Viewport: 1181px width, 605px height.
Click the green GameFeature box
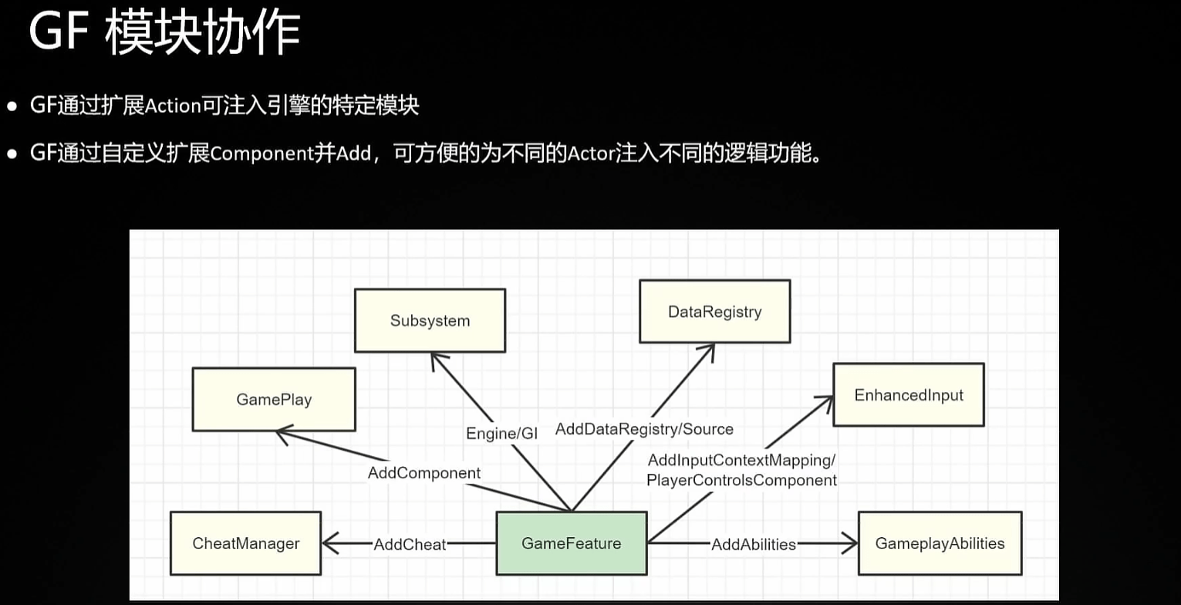point(571,543)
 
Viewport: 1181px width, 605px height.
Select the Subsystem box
point(430,320)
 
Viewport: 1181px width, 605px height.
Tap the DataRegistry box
point(714,312)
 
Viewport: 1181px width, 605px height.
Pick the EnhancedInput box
point(909,395)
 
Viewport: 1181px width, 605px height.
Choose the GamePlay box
point(274,399)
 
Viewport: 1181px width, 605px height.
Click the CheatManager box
point(246,543)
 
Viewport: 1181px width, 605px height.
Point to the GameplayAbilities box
point(940,543)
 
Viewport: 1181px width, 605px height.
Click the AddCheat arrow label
point(410,544)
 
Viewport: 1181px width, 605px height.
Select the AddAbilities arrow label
point(753,544)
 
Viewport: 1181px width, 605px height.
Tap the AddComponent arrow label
point(423,472)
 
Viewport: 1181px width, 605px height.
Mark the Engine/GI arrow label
point(501,434)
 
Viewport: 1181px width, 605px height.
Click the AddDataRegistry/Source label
point(644,428)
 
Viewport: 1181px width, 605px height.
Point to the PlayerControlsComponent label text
point(741,480)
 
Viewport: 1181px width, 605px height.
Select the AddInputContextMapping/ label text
point(741,461)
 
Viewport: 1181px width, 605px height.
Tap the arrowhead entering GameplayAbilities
point(850,544)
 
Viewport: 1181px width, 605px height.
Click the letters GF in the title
point(55,35)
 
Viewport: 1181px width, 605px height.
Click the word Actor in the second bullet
point(589,154)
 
